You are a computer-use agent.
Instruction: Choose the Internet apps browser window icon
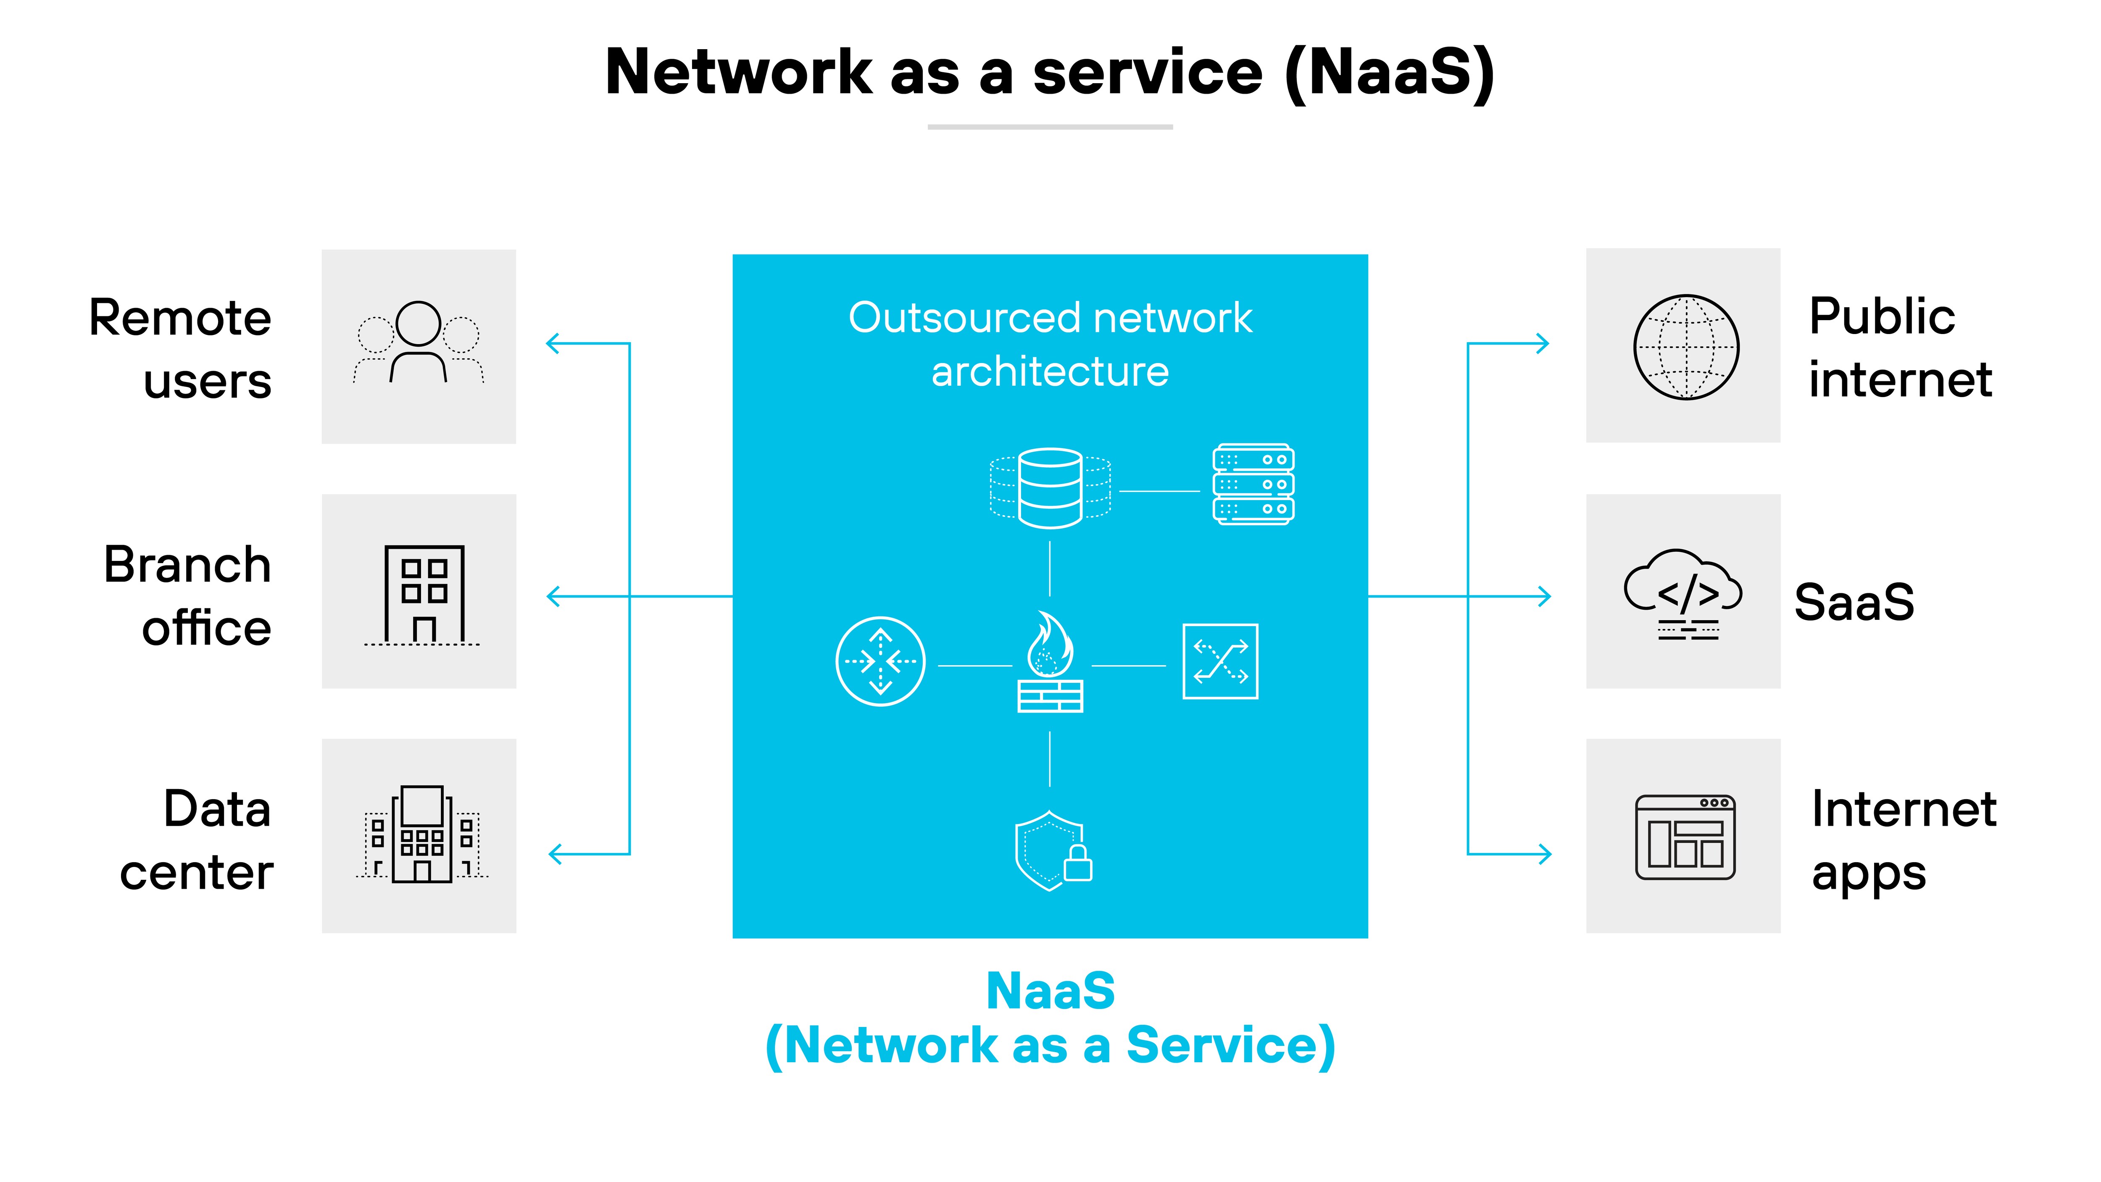1685,838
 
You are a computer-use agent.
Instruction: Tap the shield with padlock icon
1052,851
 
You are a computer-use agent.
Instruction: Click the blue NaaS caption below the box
1050,991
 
